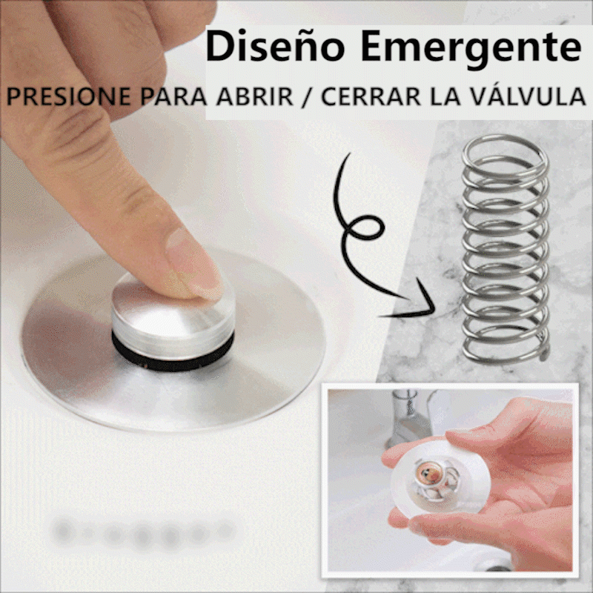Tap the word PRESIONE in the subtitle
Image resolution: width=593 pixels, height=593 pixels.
tap(68, 96)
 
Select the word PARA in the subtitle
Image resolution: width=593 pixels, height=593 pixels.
tap(173, 96)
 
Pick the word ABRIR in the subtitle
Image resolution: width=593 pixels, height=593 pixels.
tap(254, 96)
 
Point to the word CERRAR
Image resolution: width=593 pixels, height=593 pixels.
tap(371, 96)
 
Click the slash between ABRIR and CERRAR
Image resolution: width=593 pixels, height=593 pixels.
tap(307, 97)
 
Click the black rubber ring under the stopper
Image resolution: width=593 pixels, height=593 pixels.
tap(173, 351)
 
